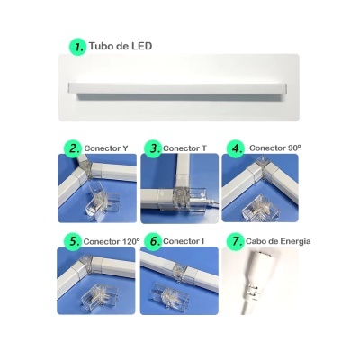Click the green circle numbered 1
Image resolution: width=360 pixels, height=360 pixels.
(x=77, y=46)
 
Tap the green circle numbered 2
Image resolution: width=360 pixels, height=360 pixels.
(x=72, y=148)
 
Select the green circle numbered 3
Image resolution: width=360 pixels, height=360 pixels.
(x=154, y=148)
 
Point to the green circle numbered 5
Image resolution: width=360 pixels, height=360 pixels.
(x=72, y=242)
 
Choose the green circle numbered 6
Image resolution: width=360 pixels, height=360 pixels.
(x=154, y=242)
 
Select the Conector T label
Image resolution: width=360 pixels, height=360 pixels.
(x=186, y=148)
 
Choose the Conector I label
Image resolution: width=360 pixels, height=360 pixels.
(x=185, y=242)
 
